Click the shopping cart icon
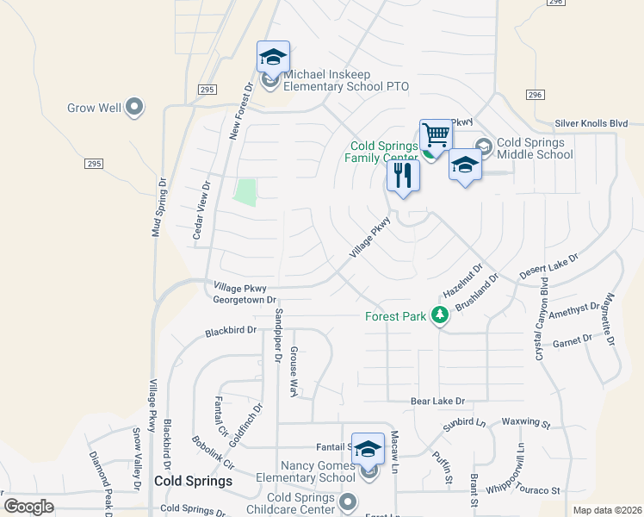click(437, 135)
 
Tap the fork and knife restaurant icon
click(403, 176)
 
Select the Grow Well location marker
click(133, 108)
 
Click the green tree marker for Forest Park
click(440, 315)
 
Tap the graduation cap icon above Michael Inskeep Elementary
click(273, 57)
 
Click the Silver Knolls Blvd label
click(591, 124)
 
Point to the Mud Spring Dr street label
click(158, 208)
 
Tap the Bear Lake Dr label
click(437, 402)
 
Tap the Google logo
click(29, 507)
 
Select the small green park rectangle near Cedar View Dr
click(246, 192)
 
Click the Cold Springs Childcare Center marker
click(348, 500)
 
